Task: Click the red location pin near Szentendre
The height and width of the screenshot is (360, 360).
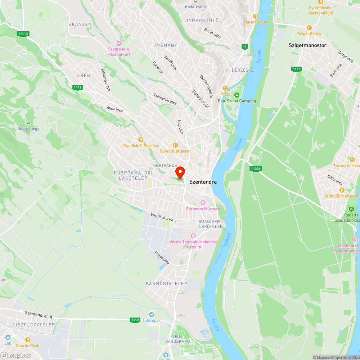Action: pyautogui.click(x=180, y=172)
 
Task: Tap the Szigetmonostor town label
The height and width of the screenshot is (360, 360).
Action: pyautogui.click(x=307, y=45)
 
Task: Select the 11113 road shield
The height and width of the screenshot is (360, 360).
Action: pyautogui.click(x=22, y=33)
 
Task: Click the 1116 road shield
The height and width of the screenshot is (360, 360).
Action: pyautogui.click(x=77, y=87)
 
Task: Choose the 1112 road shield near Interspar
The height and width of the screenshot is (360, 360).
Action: pyautogui.click(x=135, y=320)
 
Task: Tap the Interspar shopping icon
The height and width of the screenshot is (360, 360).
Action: pyautogui.click(x=151, y=314)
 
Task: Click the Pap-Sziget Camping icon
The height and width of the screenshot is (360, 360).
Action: pyautogui.click(x=237, y=95)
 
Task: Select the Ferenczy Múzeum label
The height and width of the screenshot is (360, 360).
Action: pyautogui.click(x=203, y=209)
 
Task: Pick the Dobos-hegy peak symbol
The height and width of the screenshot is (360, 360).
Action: pyautogui.click(x=28, y=122)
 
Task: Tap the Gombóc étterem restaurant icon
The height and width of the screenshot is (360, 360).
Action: pyautogui.click(x=175, y=145)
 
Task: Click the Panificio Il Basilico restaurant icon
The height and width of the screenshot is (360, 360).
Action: pyautogui.click(x=141, y=140)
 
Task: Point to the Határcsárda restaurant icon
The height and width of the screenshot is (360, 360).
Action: pyautogui.click(x=255, y=16)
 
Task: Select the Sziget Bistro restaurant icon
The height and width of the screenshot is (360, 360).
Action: pyautogui.click(x=309, y=28)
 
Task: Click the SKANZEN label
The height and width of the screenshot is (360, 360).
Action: pyautogui.click(x=80, y=24)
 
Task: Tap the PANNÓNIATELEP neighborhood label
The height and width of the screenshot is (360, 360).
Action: pyautogui.click(x=166, y=284)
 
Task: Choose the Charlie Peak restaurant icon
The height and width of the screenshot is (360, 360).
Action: pyautogui.click(x=27, y=339)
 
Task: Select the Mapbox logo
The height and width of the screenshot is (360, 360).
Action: pyautogui.click(x=16, y=355)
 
